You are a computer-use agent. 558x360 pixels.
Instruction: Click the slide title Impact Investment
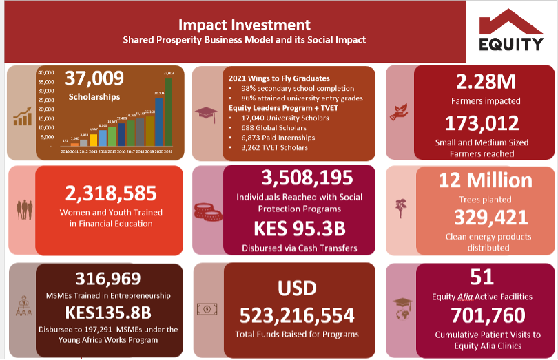click(x=244, y=25)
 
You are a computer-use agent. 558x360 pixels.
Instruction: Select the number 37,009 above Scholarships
click(x=94, y=78)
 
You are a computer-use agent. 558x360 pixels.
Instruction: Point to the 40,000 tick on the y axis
click(x=45, y=72)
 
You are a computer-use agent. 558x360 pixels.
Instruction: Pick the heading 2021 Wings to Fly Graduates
click(x=278, y=78)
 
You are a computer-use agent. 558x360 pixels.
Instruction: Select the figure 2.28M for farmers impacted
click(x=486, y=82)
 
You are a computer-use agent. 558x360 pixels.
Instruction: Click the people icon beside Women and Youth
click(x=25, y=207)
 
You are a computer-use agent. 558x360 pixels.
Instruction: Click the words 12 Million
click(x=485, y=181)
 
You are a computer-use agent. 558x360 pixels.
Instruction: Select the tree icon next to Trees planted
click(x=401, y=207)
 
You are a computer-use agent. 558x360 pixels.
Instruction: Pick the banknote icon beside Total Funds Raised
click(x=205, y=308)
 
